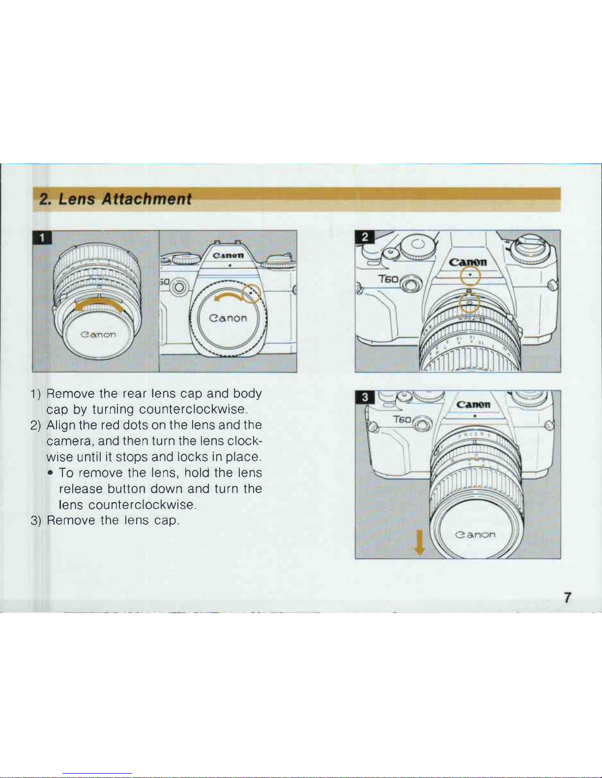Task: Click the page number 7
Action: (567, 597)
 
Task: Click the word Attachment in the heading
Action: (146, 199)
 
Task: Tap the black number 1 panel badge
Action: (42, 238)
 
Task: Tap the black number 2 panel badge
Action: (365, 237)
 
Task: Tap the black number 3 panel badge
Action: (365, 397)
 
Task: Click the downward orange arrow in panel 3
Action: (419, 542)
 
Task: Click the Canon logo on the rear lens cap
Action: (98, 334)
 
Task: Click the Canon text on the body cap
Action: (228, 318)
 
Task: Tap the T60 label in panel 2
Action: (388, 279)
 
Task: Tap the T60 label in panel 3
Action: (402, 419)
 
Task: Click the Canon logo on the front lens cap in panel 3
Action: (475, 535)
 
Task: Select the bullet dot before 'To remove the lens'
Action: (51, 473)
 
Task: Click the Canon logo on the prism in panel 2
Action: (468, 262)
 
